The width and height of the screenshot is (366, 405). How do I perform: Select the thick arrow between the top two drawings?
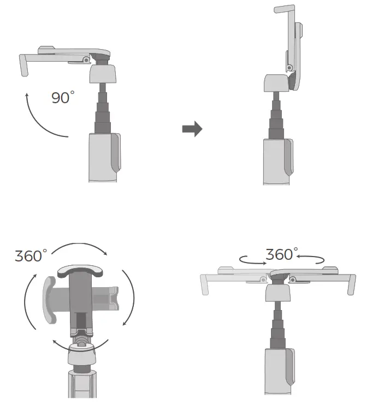coord(192,129)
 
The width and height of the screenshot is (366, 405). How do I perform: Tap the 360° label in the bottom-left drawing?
coord(31,255)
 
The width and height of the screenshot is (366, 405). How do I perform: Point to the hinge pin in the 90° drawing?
coord(86,59)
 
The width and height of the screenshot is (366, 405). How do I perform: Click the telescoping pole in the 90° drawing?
coord(102,109)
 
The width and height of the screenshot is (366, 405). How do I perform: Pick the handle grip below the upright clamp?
coord(278,162)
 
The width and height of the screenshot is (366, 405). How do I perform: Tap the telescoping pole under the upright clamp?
coord(278,115)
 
